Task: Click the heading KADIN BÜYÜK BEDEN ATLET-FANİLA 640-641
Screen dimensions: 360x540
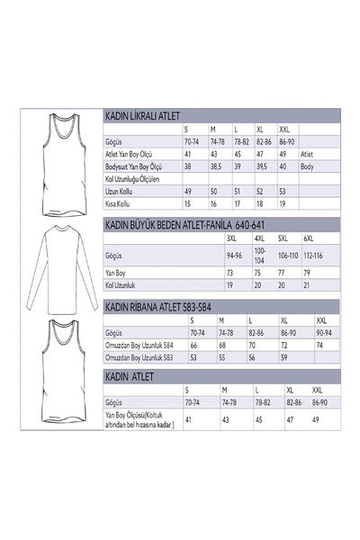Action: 169,223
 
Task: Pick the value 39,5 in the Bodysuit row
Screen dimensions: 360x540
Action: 264,166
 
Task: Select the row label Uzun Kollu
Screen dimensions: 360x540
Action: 120,192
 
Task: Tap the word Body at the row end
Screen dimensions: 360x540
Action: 306,166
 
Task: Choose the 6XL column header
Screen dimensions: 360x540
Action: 308,238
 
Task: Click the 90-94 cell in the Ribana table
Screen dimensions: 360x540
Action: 322,332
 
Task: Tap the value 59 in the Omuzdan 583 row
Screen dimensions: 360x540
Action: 284,357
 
